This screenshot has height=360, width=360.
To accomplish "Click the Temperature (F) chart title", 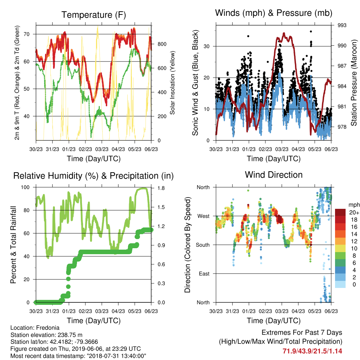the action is coord(94,15).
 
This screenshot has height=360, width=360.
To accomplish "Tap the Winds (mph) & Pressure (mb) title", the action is coord(274,13).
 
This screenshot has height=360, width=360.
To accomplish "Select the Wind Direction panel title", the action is coord(274,175).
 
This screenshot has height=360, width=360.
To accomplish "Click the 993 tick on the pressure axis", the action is coord(342,25).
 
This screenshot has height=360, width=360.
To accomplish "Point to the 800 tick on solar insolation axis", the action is coord(162,44).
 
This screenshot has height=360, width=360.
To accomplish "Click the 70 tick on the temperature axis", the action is coord(27,34).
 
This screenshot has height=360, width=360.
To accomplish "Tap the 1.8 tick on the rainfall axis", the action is coord(161,188).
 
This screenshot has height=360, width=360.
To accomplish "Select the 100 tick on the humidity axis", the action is coord(25,187).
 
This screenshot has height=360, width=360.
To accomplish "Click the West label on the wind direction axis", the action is coord(204,216).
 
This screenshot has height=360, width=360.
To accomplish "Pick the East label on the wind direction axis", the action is coord(204,274).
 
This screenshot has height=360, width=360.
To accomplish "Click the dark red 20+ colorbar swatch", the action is coord(340,212).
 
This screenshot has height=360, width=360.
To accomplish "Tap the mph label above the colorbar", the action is coord(354,205).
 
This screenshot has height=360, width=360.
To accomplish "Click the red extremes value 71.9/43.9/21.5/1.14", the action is coord(312,351).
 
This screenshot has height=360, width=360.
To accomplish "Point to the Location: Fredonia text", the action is coord(35,328).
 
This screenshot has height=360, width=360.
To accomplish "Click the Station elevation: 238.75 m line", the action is coord(46,335).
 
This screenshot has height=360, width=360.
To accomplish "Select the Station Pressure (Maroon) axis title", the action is coord(354,83).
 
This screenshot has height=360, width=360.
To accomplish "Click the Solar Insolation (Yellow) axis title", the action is coord(172,83).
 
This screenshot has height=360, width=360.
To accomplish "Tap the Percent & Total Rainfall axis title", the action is coord(13,245).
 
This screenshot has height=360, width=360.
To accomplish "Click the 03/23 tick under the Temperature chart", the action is coord(102,149).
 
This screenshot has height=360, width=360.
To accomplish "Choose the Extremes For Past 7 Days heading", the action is coord(302,333).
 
